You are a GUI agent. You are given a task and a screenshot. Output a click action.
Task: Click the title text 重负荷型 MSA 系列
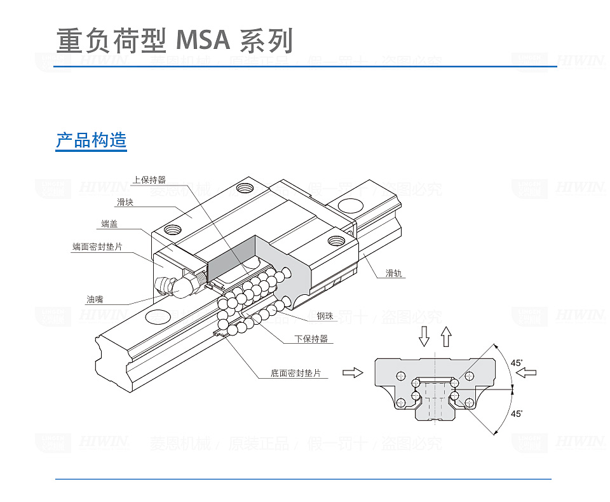[x=175, y=41]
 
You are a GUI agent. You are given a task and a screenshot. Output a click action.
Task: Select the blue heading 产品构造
[x=91, y=140]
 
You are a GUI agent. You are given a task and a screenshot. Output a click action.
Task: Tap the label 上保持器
[x=149, y=180]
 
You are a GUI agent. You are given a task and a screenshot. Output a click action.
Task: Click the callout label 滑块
[x=124, y=203]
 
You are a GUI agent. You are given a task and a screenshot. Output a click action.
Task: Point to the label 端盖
[x=109, y=224]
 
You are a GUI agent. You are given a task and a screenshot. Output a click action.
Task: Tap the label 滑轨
[x=395, y=274]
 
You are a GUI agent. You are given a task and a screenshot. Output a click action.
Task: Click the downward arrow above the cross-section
[x=424, y=336]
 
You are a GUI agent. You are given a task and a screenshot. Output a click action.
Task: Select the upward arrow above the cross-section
[x=446, y=336]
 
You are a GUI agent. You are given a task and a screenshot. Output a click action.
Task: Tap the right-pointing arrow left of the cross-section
[x=352, y=372]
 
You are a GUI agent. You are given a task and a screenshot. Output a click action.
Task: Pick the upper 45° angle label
[x=517, y=363]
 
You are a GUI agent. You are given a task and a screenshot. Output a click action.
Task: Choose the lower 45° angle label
[x=517, y=414]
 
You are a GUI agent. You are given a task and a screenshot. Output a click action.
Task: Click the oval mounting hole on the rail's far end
[x=349, y=205]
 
